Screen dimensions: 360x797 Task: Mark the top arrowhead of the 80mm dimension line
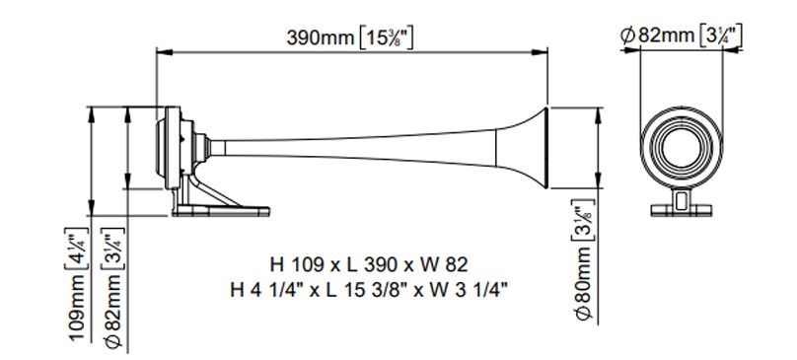[599, 108]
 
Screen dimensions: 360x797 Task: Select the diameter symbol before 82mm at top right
[627, 36]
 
